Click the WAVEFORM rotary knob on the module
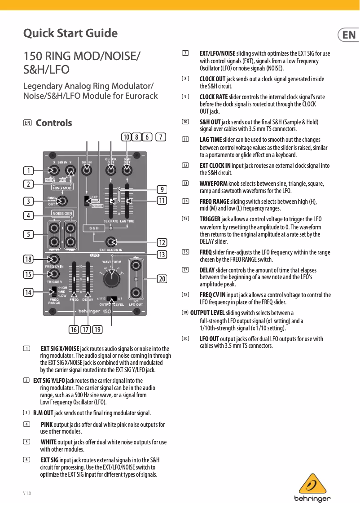tap(111, 279)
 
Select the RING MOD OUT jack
tap(63, 200)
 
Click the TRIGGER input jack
tap(54, 274)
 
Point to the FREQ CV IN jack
tap(54, 259)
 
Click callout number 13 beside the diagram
tap(162, 255)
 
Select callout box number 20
tap(162, 279)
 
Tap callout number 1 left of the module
tap(28, 171)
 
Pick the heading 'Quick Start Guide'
tap(70, 34)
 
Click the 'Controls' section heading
tap(54, 123)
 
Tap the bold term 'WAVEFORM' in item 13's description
tap(213, 184)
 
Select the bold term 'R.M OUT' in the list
tap(43, 413)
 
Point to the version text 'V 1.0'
tap(27, 494)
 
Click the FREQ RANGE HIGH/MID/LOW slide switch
tap(54, 292)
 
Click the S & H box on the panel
tap(94, 228)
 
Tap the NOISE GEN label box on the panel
tap(63, 213)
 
